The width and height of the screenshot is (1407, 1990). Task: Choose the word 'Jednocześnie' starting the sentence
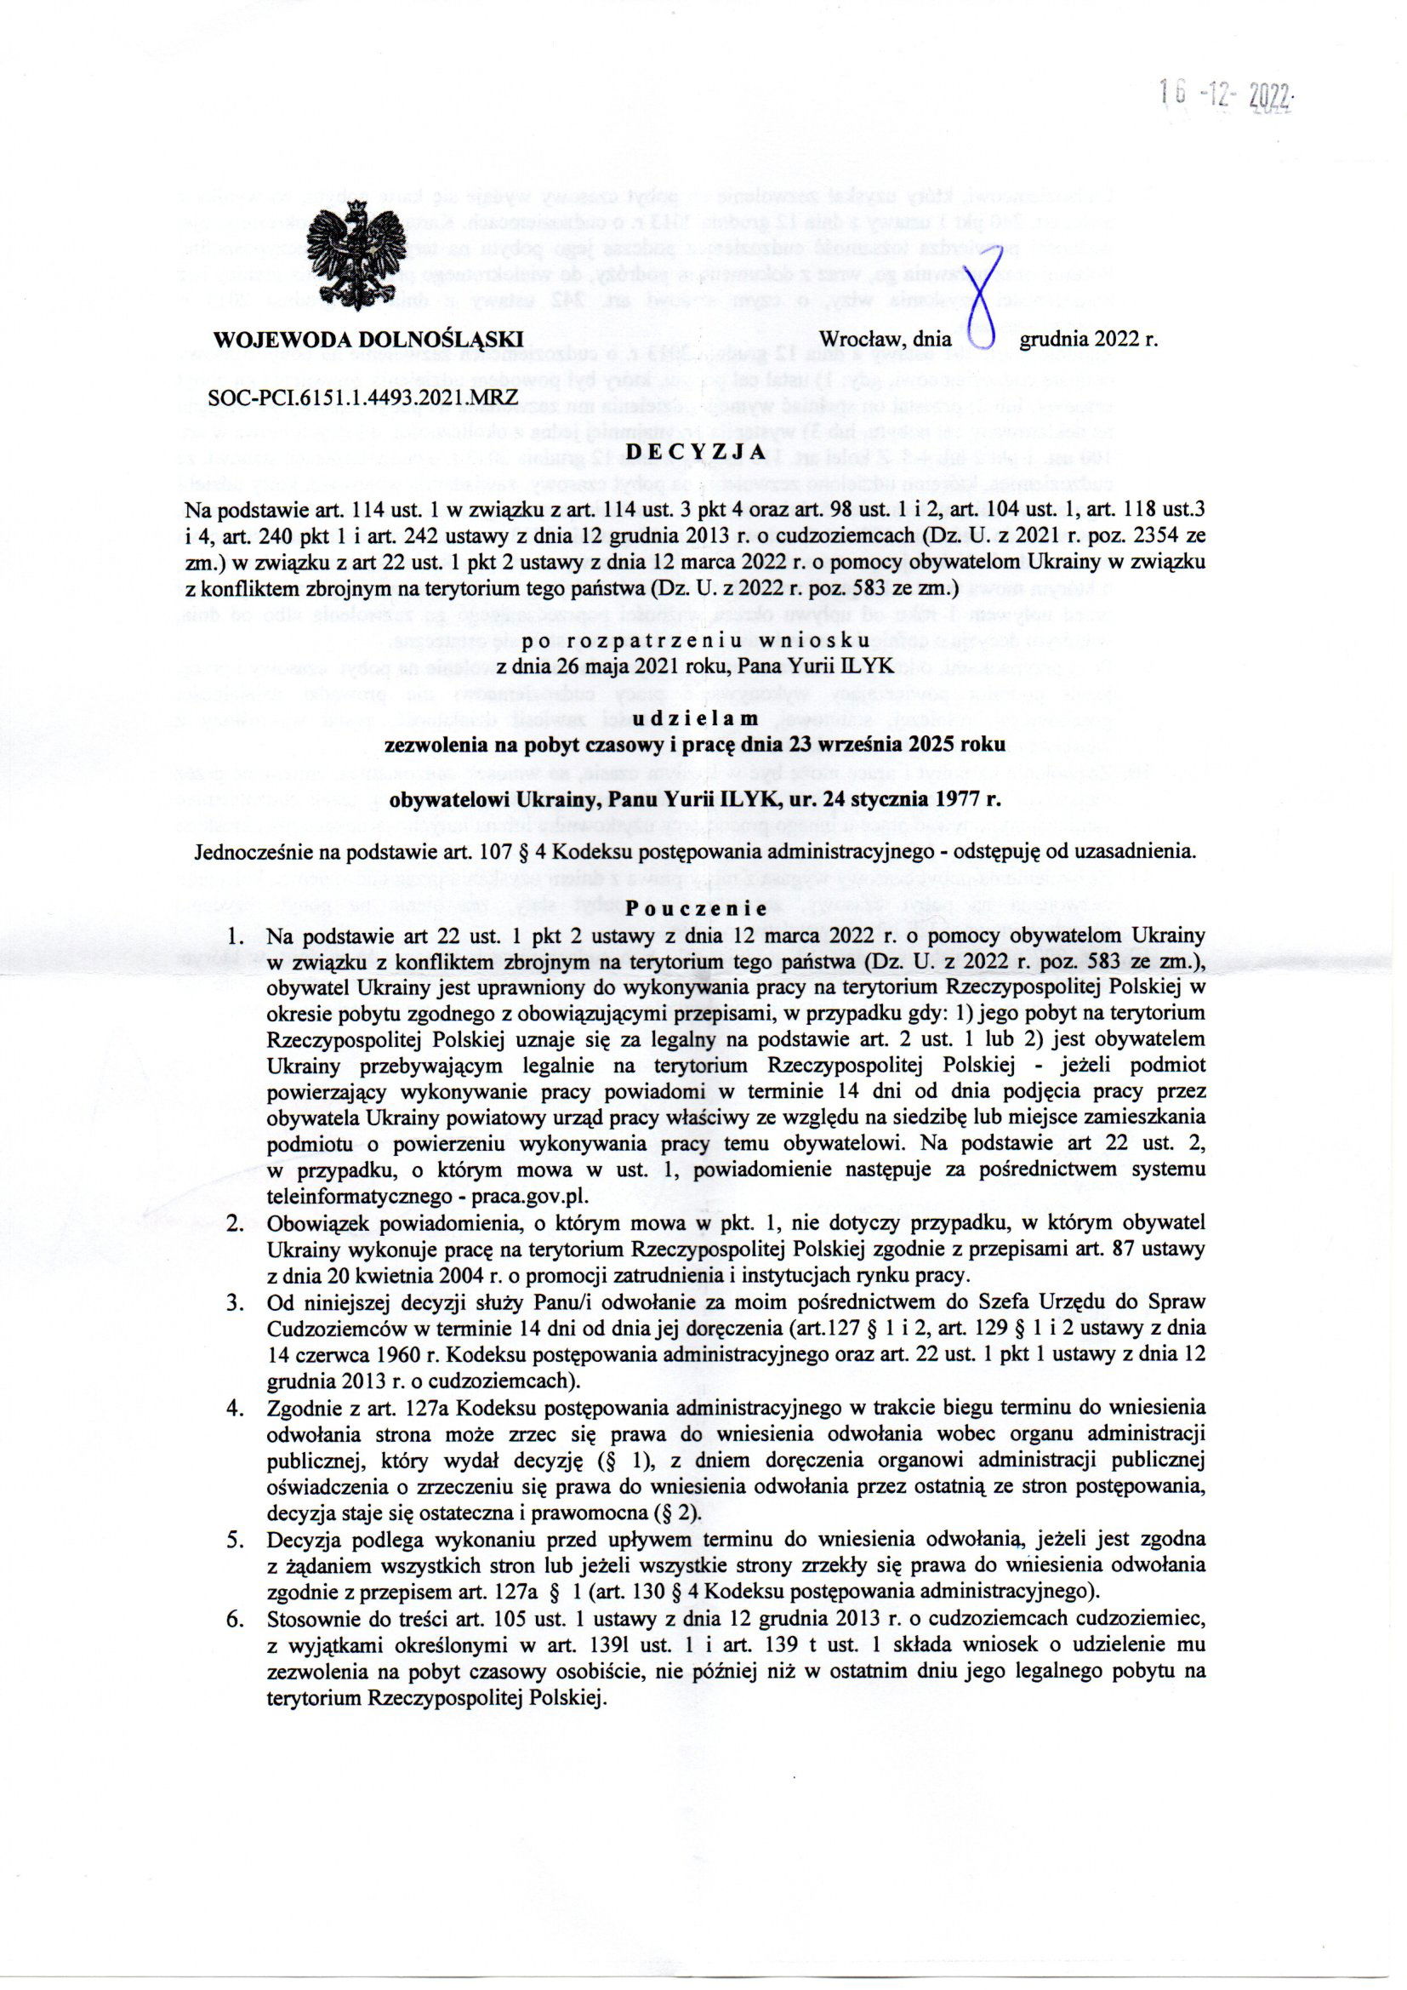(x=252, y=852)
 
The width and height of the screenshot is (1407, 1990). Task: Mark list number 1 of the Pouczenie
(x=234, y=937)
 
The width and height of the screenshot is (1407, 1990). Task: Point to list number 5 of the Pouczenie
(x=234, y=1541)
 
